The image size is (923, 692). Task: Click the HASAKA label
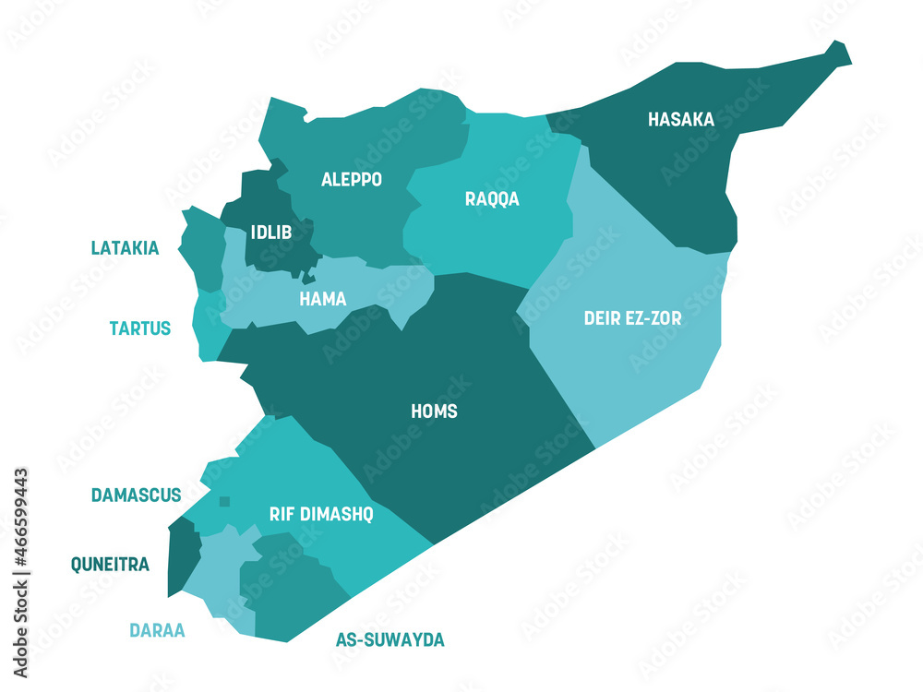pos(680,119)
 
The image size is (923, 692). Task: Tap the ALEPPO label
pos(351,180)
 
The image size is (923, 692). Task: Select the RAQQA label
pos(492,199)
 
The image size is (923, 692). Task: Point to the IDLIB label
pos(271,233)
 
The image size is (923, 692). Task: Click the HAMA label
pos(323,299)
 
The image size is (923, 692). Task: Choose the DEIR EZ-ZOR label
pos(632,318)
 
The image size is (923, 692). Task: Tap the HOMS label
pos(434,412)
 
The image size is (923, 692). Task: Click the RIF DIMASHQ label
pos(321,515)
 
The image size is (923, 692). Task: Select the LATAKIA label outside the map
pos(125,248)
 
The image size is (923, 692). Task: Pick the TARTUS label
pos(139,328)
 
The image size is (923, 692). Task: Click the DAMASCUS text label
pos(136,495)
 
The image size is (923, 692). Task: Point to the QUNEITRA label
pos(110,565)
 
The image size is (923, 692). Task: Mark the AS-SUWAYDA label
pos(390,639)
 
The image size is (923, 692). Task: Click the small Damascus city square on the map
pos(224,502)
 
